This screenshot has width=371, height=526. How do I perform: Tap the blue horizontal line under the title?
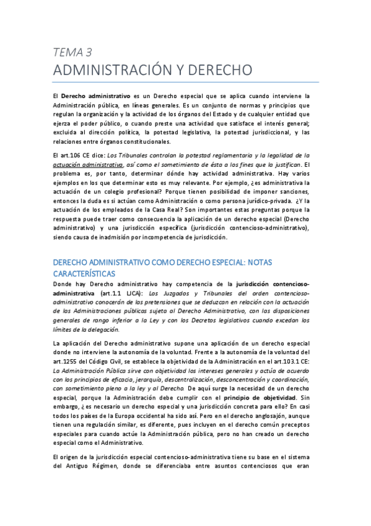tap(186, 82)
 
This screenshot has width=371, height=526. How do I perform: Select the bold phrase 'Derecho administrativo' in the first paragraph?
tap(96, 96)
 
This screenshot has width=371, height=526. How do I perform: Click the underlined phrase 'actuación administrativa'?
tap(87, 164)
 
